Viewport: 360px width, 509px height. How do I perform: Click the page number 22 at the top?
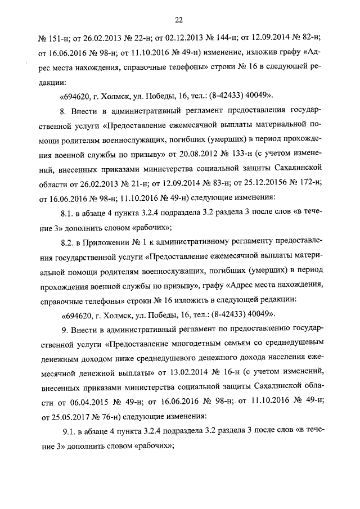pos(179,21)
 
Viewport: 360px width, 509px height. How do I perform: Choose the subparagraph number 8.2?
pos(68,242)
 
